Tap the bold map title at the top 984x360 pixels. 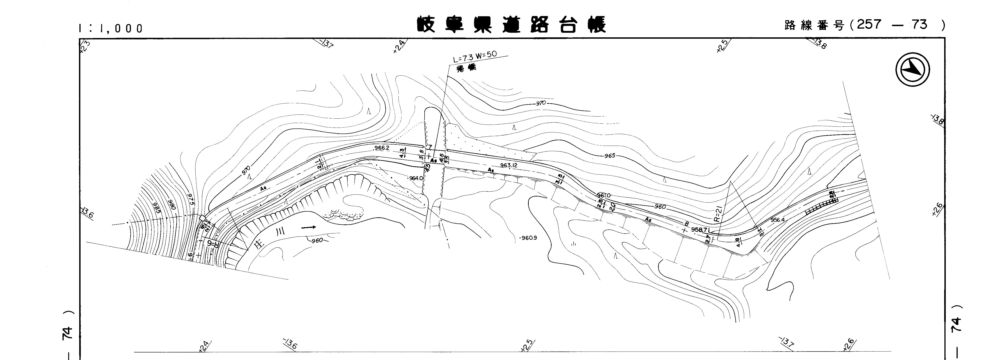[x=512, y=25]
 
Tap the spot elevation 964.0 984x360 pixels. [x=416, y=178]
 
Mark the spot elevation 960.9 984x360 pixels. [x=529, y=238]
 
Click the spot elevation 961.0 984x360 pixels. [x=604, y=196]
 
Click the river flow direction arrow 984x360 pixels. [x=309, y=227]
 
